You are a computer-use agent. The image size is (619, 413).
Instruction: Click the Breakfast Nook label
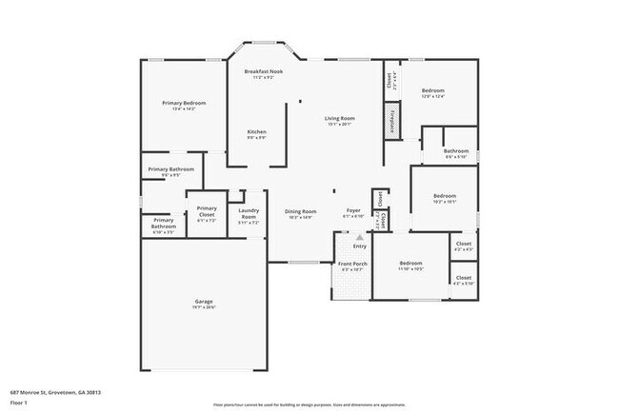pos(263,71)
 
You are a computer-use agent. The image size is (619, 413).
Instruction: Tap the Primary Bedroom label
pos(183,103)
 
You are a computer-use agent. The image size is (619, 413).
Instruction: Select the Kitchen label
pos(257,131)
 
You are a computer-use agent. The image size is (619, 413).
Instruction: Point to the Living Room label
pos(340,118)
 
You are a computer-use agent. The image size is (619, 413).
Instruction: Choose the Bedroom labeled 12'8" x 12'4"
pos(432,91)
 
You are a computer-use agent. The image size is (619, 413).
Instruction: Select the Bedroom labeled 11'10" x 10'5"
pos(410,263)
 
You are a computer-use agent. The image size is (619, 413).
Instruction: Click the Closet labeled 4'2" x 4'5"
pos(464,245)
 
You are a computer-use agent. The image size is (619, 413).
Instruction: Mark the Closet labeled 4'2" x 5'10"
pos(464,281)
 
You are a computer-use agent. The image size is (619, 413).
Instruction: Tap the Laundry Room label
pos(249,213)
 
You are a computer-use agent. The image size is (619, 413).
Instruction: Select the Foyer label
pos(352,211)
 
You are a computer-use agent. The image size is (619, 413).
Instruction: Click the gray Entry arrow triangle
pos(359,236)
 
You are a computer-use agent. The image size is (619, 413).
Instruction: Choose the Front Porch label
pos(352,264)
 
